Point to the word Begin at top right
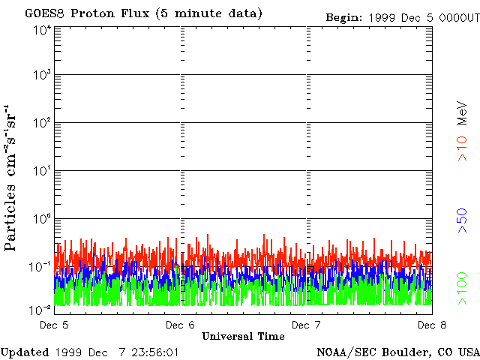point(343,16)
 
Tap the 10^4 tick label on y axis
point(41,30)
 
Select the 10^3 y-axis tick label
point(41,76)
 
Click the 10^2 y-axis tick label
point(41,123)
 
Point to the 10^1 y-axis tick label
point(41,171)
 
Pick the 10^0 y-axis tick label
point(41,219)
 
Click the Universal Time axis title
point(243,335)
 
